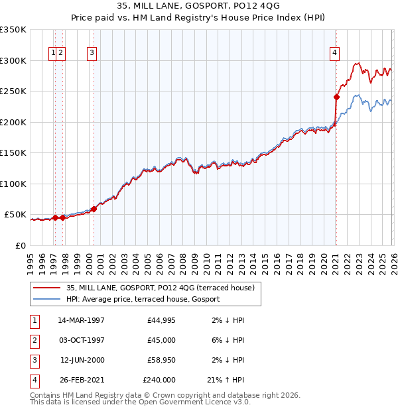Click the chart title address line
(x=198, y=6)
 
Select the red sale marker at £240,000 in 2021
(x=336, y=97)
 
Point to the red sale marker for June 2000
(x=94, y=209)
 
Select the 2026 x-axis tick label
(x=391, y=259)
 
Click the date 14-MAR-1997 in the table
(x=82, y=320)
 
